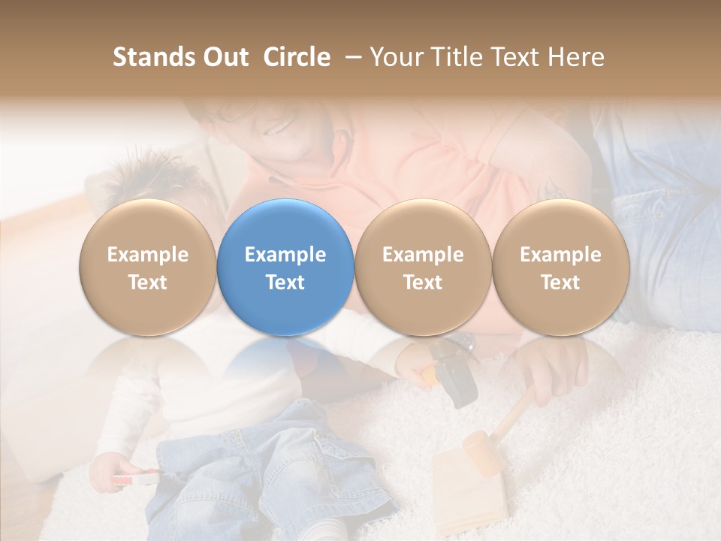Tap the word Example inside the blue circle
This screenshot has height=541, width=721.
point(285,255)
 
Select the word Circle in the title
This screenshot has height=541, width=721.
point(297,57)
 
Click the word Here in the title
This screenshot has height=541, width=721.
point(578,57)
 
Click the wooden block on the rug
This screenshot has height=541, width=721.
point(469,488)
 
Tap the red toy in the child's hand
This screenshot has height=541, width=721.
point(135,479)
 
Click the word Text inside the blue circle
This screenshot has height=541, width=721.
point(285,283)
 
